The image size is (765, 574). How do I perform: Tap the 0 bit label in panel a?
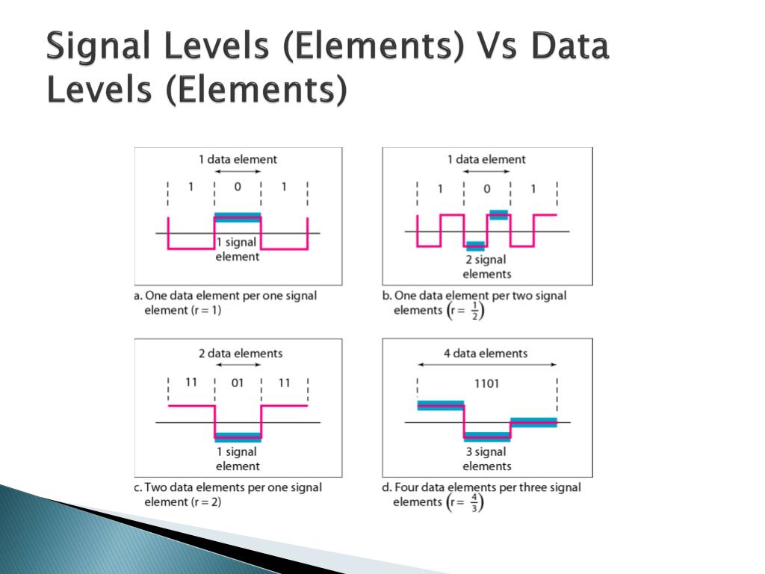tap(238, 187)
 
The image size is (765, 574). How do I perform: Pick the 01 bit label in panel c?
tap(238, 383)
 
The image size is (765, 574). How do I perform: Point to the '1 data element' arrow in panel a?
tap(238, 172)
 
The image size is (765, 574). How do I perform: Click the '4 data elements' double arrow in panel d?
tap(486, 365)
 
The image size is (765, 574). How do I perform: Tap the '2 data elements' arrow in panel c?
tap(238, 365)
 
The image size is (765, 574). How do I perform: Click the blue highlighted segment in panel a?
tap(238, 217)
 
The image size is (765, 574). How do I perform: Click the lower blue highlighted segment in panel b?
tap(475, 245)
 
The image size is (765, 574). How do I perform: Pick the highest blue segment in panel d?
tap(440, 405)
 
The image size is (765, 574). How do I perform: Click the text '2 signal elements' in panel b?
tap(486, 267)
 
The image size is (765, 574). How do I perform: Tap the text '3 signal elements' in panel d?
tap(486, 458)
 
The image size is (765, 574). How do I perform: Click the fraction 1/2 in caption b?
tap(475, 310)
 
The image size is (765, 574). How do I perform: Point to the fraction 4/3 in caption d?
tap(475, 502)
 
